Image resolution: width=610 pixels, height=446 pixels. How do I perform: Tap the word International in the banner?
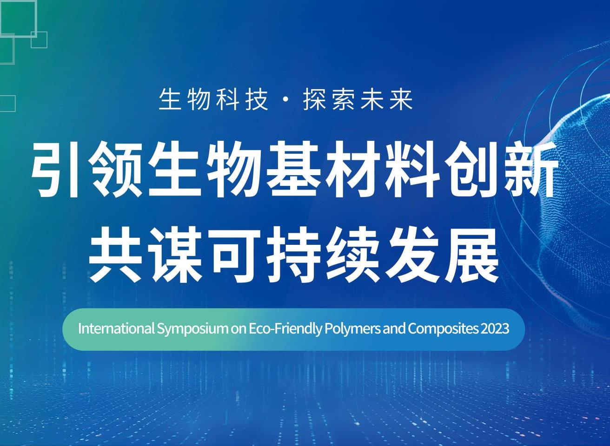(116, 329)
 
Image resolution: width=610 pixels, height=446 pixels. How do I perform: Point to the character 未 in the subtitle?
(372, 100)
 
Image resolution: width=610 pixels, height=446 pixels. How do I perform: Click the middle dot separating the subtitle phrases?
(285, 100)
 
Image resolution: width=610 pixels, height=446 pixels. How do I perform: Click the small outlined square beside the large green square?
(39, 40)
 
